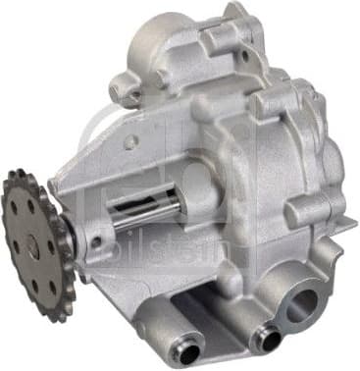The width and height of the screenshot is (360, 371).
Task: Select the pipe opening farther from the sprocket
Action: (x=266, y=340)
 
